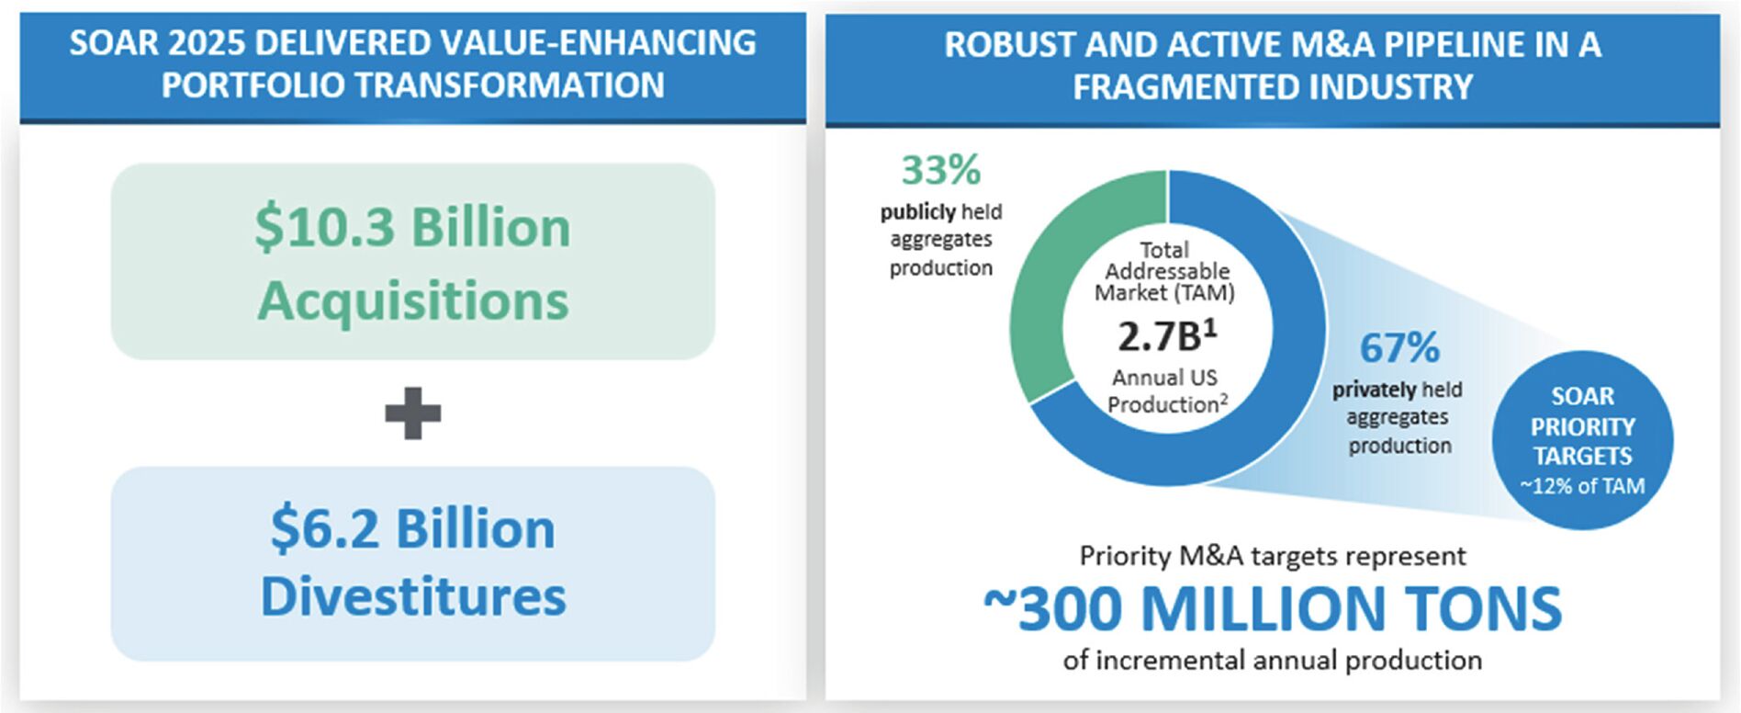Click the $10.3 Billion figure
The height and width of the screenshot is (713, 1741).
coord(412,227)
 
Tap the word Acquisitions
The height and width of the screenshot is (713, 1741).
coord(413,301)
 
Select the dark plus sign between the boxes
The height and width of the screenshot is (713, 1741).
coord(412,413)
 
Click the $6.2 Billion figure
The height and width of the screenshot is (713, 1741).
coord(412,528)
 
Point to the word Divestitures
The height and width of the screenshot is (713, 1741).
coord(413,597)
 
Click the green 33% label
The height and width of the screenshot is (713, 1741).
coord(941,170)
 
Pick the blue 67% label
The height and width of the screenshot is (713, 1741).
coord(1399,347)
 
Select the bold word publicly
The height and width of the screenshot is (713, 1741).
coord(918,212)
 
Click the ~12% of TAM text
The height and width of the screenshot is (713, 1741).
coord(1582,486)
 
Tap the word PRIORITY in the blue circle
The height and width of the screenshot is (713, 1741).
coord(1582,427)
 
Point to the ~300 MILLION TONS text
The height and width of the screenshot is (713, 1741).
coord(1273,608)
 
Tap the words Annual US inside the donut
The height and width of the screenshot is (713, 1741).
coord(1164,378)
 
